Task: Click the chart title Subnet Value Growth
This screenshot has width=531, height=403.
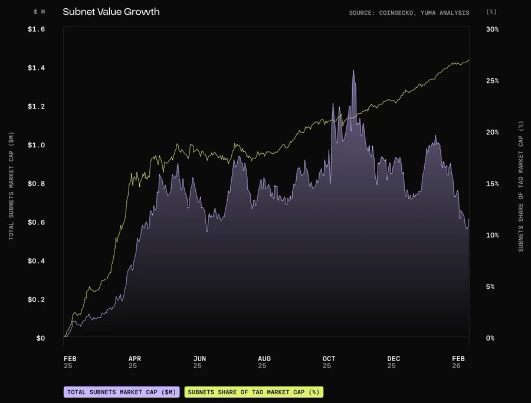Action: coord(111,11)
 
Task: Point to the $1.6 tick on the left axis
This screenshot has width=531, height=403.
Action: coord(36,29)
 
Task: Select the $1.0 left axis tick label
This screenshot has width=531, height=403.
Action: coord(36,145)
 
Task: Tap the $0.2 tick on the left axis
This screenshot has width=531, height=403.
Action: coord(36,299)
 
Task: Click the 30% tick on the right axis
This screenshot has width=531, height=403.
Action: coord(492,29)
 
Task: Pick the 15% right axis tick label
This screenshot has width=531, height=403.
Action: coord(492,184)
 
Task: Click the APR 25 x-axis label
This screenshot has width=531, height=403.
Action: coord(135,362)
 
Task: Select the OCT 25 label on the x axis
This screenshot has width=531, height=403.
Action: coord(329,362)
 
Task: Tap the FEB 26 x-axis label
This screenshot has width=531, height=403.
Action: coord(458,362)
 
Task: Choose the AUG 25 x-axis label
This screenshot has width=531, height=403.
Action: coord(264,362)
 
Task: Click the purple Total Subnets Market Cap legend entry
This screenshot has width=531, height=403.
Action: coord(122,392)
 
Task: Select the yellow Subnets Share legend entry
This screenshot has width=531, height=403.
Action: coord(254,392)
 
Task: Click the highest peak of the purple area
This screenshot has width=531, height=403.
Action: coord(353,71)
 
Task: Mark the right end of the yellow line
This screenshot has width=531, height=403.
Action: coord(469,60)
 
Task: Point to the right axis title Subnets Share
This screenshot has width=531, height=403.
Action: coord(520,186)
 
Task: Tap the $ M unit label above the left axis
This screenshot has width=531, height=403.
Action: coord(39,12)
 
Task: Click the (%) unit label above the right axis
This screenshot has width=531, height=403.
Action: coord(491,12)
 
